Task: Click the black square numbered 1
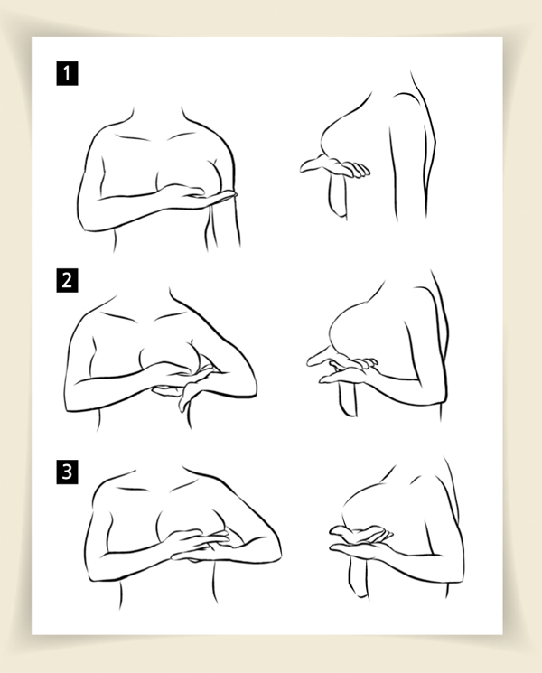pos(67,73)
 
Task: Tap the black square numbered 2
pos(67,281)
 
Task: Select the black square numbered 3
pos(67,472)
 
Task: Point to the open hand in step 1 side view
pos(335,166)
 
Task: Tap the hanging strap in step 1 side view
pos(338,195)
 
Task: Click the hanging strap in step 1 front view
pos(223,223)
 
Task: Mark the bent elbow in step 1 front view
pos(86,219)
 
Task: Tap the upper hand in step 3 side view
pos(361,532)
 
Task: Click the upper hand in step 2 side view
pos(343,360)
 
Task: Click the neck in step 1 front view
pos(156,118)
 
